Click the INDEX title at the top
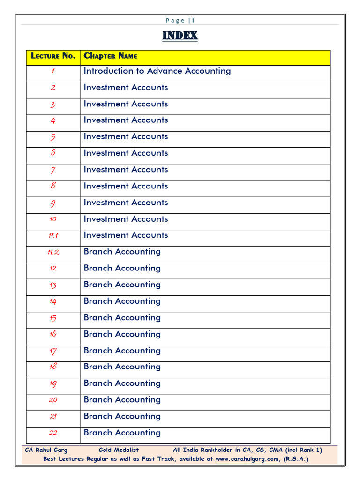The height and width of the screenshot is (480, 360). tap(180, 36)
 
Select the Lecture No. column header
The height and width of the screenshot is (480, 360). tap(53, 56)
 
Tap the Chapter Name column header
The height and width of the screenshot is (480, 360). tap(111, 56)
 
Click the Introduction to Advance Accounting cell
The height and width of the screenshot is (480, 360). tap(157, 71)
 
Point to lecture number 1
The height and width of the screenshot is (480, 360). tap(53, 71)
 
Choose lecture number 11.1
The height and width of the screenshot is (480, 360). tap(53, 236)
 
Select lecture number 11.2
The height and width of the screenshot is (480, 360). tap(53, 252)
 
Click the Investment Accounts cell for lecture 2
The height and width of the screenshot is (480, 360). tap(126, 88)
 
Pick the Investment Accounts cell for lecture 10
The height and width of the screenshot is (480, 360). tap(126, 219)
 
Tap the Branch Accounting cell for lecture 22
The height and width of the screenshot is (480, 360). tap(122, 433)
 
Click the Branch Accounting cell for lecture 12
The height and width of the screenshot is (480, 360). tap(122, 268)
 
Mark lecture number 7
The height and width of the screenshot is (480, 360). tap(53, 170)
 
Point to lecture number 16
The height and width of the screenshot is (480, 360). tap(53, 334)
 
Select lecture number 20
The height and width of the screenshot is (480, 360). tap(53, 400)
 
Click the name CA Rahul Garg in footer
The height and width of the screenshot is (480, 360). tap(46, 450)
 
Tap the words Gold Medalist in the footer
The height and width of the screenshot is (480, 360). tap(119, 450)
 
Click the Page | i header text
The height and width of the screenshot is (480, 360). tap(180, 20)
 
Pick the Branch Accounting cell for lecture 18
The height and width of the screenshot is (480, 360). tap(122, 367)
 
